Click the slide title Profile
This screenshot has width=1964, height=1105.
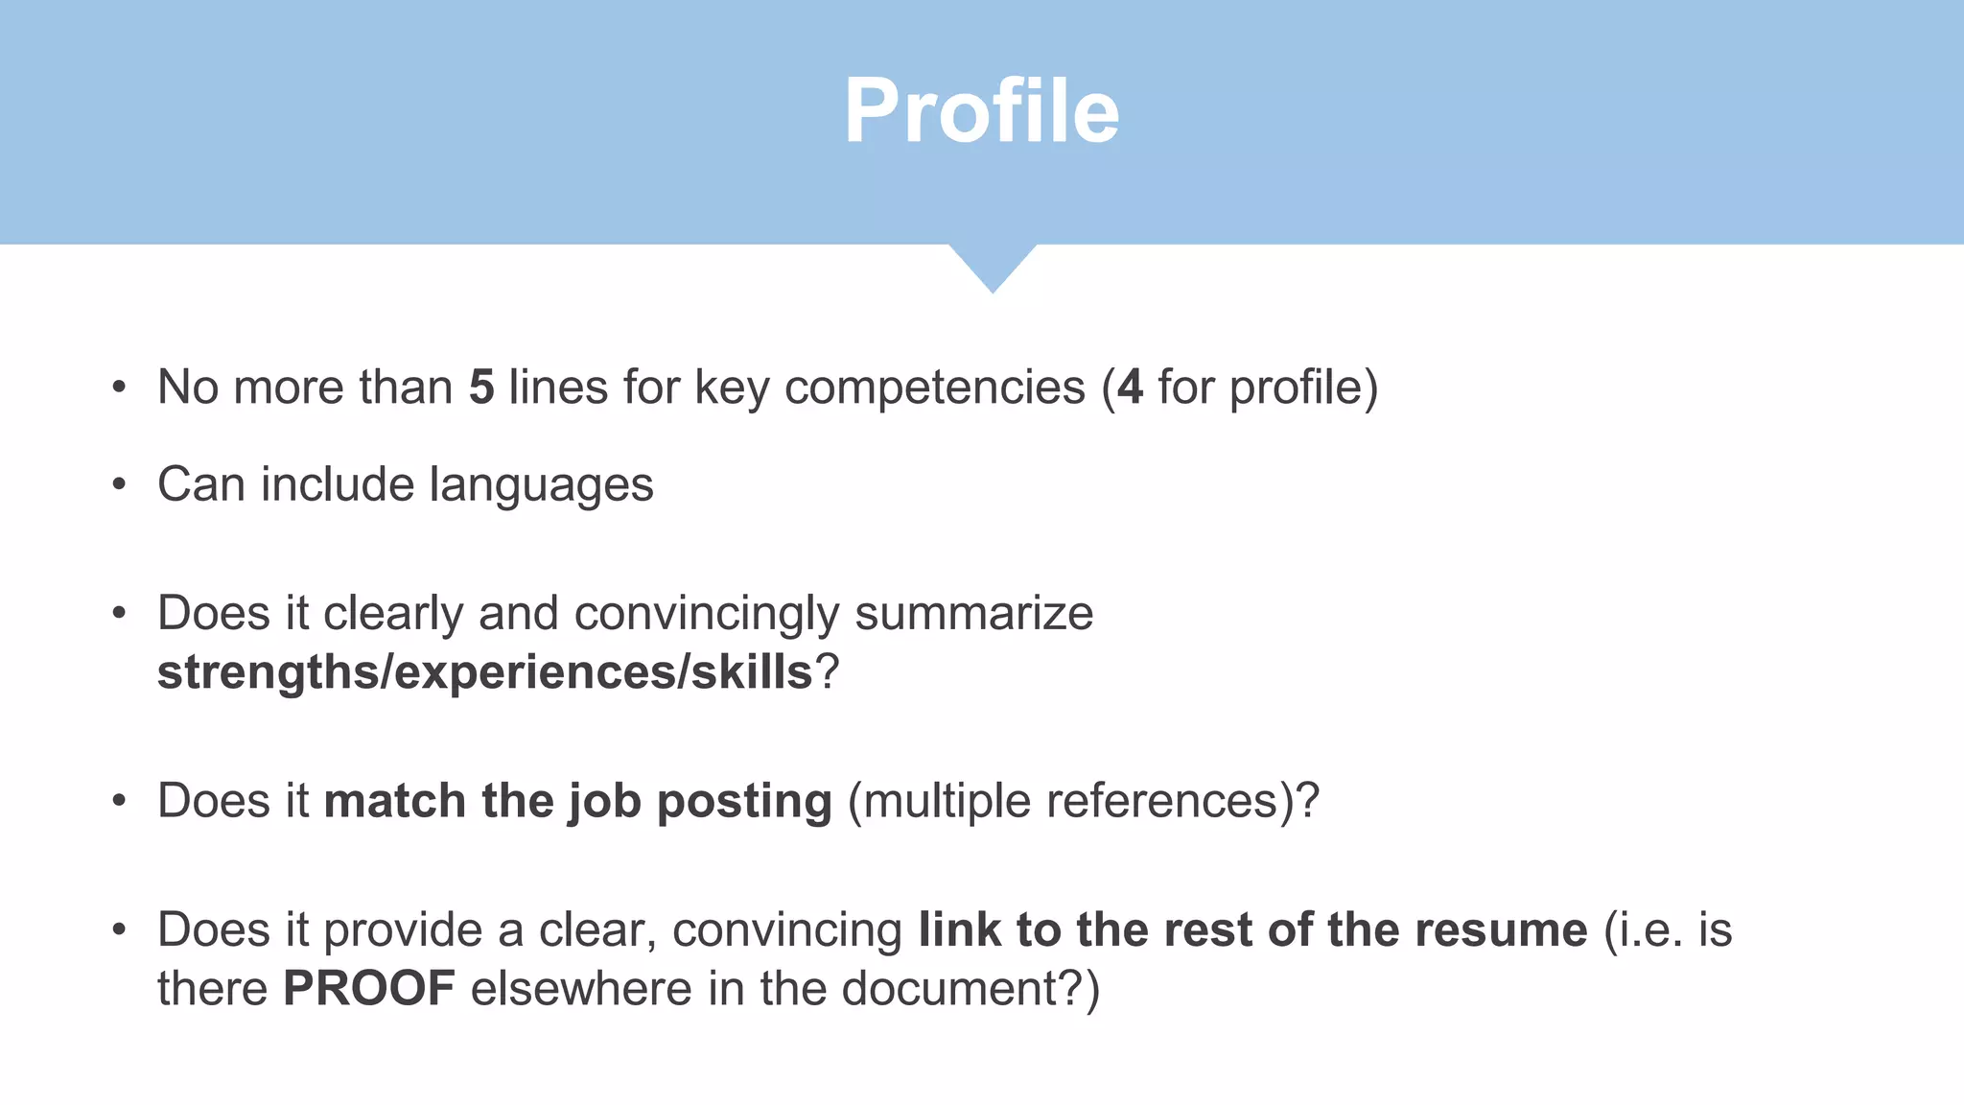[x=981, y=112]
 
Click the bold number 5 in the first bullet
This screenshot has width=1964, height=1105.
[x=481, y=388]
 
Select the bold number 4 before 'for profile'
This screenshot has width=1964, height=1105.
[x=1131, y=388]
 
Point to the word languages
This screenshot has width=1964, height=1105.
[x=541, y=485]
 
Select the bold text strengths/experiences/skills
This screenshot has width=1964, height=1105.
[x=485, y=672]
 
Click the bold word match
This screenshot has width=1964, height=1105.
[x=394, y=801]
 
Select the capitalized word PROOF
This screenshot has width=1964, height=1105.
[x=369, y=989]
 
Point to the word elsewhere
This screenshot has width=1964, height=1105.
[x=581, y=989]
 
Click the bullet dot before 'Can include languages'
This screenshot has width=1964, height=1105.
[x=119, y=485]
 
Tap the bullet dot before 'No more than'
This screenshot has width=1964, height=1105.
[x=119, y=388]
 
